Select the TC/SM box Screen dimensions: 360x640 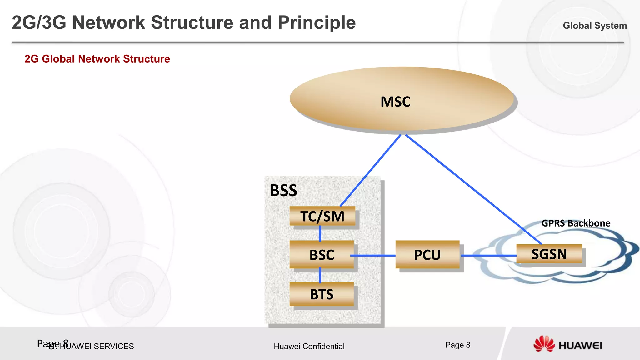point(322,216)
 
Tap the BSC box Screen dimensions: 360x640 point(322,255)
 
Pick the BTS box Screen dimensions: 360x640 point(322,294)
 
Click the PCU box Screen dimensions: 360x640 point(427,255)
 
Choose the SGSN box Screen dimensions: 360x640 point(549,254)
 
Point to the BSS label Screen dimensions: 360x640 point(283,190)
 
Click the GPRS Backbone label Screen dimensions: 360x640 point(576,223)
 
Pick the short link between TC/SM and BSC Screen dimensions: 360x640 point(320,233)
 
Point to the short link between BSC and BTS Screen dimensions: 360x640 point(320,275)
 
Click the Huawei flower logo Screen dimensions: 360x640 point(544,344)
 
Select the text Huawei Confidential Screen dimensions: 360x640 point(309,346)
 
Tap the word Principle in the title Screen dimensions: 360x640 point(317,23)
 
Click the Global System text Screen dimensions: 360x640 point(595,26)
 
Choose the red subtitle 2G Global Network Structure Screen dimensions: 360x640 point(97,59)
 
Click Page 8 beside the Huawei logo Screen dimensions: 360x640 point(457,345)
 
